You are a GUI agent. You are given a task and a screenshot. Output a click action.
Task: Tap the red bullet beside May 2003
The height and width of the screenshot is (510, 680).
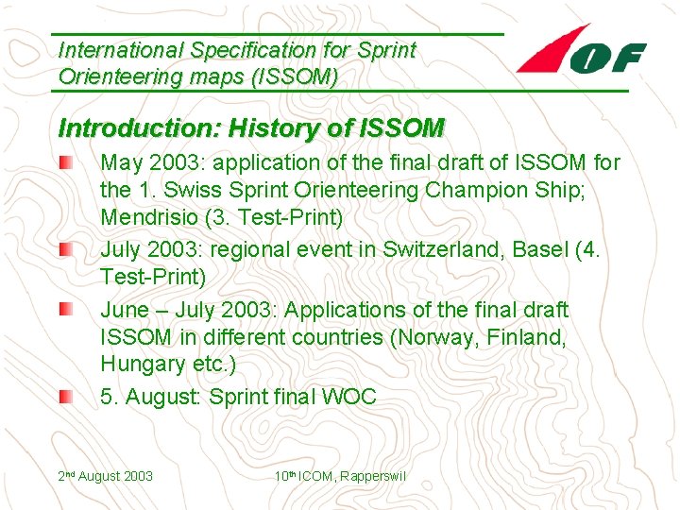click(x=61, y=164)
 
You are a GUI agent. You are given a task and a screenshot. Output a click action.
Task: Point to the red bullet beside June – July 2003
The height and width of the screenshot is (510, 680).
click(x=61, y=310)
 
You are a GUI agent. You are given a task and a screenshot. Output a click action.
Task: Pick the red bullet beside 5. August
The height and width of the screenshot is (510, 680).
click(x=61, y=398)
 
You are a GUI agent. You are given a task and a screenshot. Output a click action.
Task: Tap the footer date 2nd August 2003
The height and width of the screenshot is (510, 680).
click(x=106, y=476)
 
